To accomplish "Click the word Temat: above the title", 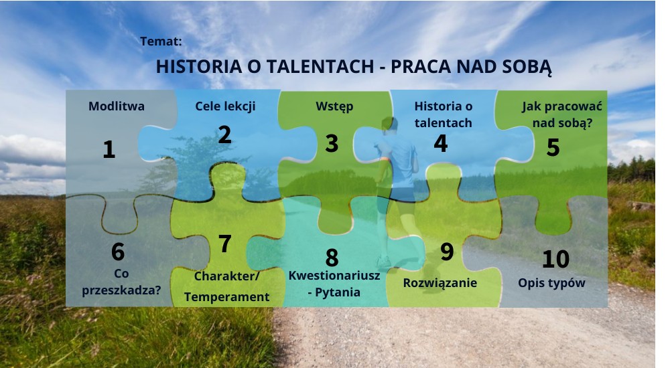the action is click(161, 41).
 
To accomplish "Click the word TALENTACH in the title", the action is click(320, 67).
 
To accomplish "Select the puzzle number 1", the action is click(109, 149).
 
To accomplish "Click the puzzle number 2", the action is click(224, 135).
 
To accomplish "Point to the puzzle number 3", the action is click(332, 143).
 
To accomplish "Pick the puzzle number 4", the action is click(441, 143).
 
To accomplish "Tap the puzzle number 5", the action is click(553, 147).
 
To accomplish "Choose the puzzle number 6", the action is click(118, 252).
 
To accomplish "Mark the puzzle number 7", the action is click(224, 244).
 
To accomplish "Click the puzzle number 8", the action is click(332, 258).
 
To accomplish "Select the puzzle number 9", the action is click(447, 252).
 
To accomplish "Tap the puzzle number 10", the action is click(556, 259).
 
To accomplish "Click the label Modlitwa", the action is click(116, 106).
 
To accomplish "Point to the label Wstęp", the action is click(334, 107).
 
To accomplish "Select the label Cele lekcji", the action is click(225, 107).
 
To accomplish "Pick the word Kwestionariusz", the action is click(334, 276).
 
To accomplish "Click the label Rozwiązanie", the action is click(440, 283).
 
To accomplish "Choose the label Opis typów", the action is click(551, 283).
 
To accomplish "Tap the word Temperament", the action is click(227, 297).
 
